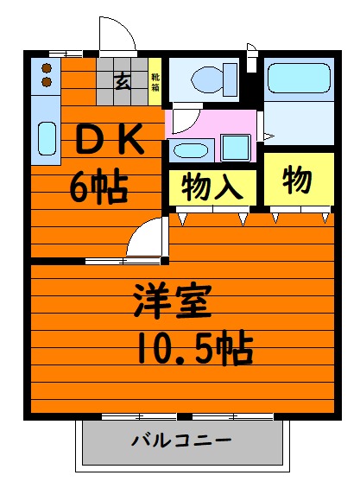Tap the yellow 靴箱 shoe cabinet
[155, 82]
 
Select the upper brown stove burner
[47, 67]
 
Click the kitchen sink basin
[46, 137]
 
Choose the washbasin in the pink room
[188, 150]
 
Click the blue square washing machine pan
[236, 148]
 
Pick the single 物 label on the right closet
[297, 181]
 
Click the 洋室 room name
[171, 303]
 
